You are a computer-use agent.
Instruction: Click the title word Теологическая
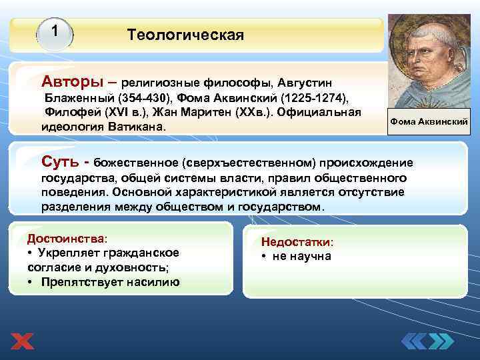185,34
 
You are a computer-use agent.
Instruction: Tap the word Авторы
72,81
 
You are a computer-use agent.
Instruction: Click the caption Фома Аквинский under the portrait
429,122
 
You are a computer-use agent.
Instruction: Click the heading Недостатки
297,243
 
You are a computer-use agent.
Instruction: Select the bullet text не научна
301,257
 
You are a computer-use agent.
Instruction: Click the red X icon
22,341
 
